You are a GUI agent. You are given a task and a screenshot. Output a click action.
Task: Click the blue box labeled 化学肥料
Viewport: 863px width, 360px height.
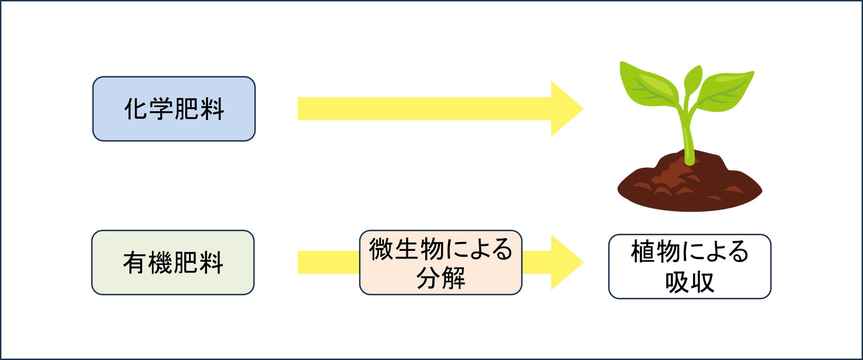coord(173,109)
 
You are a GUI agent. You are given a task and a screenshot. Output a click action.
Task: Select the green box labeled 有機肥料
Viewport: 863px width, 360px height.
coord(173,263)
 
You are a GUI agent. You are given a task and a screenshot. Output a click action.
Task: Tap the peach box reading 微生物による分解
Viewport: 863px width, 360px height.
coord(440,263)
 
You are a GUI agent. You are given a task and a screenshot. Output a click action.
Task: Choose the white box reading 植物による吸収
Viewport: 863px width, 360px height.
coord(690,267)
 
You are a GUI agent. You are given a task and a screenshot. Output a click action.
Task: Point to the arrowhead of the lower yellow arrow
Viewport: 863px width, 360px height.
coord(566,263)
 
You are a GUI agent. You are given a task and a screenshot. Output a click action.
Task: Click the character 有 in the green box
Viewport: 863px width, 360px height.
coord(135,263)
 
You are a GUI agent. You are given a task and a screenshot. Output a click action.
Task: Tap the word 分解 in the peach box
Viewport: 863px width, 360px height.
coord(440,278)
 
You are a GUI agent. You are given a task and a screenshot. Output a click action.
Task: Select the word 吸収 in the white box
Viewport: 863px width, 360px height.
coord(690,282)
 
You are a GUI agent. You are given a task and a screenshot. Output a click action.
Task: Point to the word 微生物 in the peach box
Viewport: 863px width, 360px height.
coord(406,249)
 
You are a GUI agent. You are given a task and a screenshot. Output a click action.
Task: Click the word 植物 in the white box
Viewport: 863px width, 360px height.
coord(655,252)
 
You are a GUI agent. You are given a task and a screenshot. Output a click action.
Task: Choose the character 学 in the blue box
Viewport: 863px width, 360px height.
coord(161,109)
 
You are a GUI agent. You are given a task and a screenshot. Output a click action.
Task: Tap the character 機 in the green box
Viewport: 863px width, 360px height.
coord(160,263)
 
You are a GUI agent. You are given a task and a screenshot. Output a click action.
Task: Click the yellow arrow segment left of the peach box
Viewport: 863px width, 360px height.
coord(328,263)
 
